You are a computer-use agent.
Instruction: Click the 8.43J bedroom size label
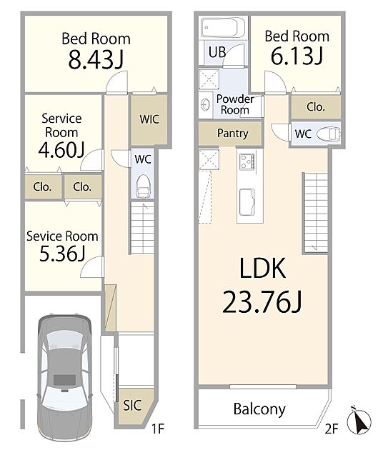[96, 60]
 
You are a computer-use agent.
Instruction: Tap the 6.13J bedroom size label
[297, 56]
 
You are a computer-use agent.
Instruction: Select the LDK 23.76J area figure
[262, 301]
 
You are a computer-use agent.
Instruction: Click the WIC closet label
[149, 119]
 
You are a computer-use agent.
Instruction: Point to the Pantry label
[232, 134]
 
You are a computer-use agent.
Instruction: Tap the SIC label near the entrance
[132, 406]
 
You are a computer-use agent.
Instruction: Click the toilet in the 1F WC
[142, 187]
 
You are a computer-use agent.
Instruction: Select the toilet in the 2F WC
[329, 134]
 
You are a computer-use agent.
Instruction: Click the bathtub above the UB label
[223, 28]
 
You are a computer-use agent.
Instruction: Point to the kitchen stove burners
[247, 161]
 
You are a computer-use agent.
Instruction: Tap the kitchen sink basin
[247, 202]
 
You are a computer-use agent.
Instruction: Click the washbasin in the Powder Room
[206, 104]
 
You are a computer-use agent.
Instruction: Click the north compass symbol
[359, 421]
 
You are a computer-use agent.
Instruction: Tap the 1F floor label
[158, 429]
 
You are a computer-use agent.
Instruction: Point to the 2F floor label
[332, 429]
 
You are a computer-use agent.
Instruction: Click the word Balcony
[259, 409]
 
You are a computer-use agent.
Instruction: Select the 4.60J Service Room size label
[61, 149]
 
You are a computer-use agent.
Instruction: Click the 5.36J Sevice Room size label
[62, 254]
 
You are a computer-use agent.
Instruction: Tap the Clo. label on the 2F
[316, 106]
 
